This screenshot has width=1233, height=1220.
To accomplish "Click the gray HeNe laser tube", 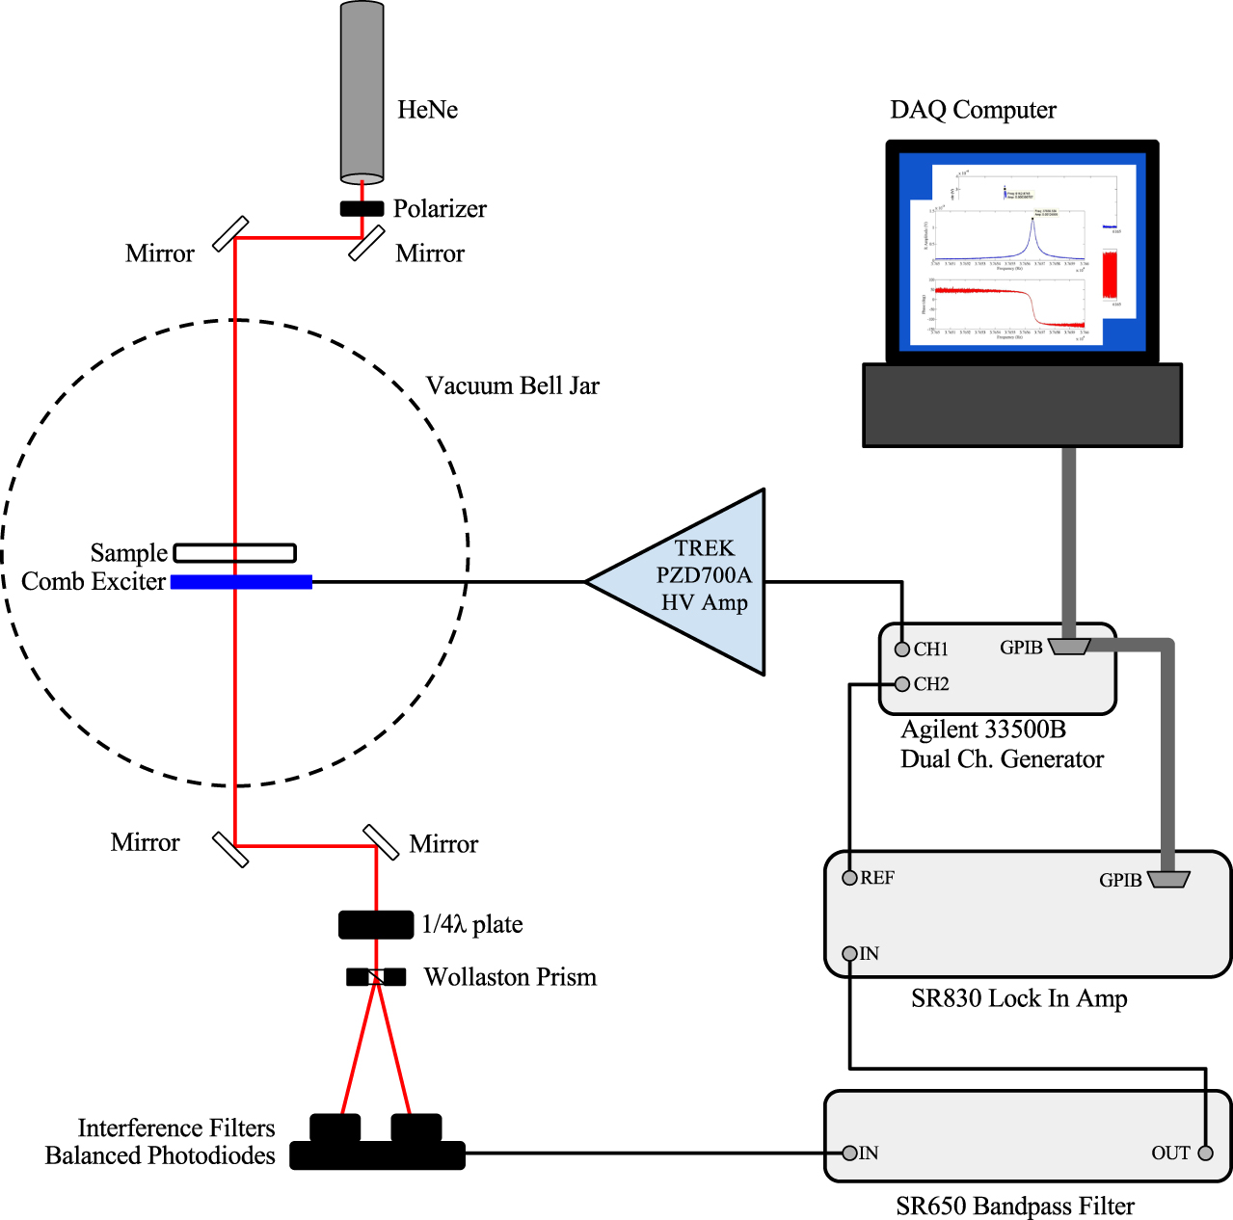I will pos(362,93).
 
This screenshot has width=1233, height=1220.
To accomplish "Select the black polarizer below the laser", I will pos(362,208).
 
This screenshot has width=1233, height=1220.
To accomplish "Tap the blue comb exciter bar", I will pos(241,582).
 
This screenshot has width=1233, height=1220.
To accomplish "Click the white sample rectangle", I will pos(234,553).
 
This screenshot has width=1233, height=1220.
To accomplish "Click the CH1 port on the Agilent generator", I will pos(902,650).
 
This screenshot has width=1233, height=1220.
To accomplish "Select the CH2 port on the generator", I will pos(902,684).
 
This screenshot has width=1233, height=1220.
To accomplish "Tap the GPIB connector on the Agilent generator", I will pos(1069,647).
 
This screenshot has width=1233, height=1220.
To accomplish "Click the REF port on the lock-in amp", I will pos(849,878).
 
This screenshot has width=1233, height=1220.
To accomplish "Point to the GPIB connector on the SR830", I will pos(1168,879).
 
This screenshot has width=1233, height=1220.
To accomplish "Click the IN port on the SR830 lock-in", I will pos(849,954).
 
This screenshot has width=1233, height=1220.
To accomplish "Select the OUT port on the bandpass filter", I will pos(1205,1154).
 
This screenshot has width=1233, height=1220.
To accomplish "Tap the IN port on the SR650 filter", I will pos(849,1154).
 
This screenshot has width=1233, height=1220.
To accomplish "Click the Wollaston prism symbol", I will pos(376,977).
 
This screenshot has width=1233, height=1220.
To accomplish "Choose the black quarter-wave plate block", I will pos(376,924).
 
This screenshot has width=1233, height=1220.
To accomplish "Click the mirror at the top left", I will pos(230,234).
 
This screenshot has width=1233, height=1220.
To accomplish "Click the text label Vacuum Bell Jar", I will pos(512,386).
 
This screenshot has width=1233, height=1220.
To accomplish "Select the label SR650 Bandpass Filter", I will pos(1014,1207).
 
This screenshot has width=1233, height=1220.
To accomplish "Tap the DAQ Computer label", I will pos(973,110).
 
